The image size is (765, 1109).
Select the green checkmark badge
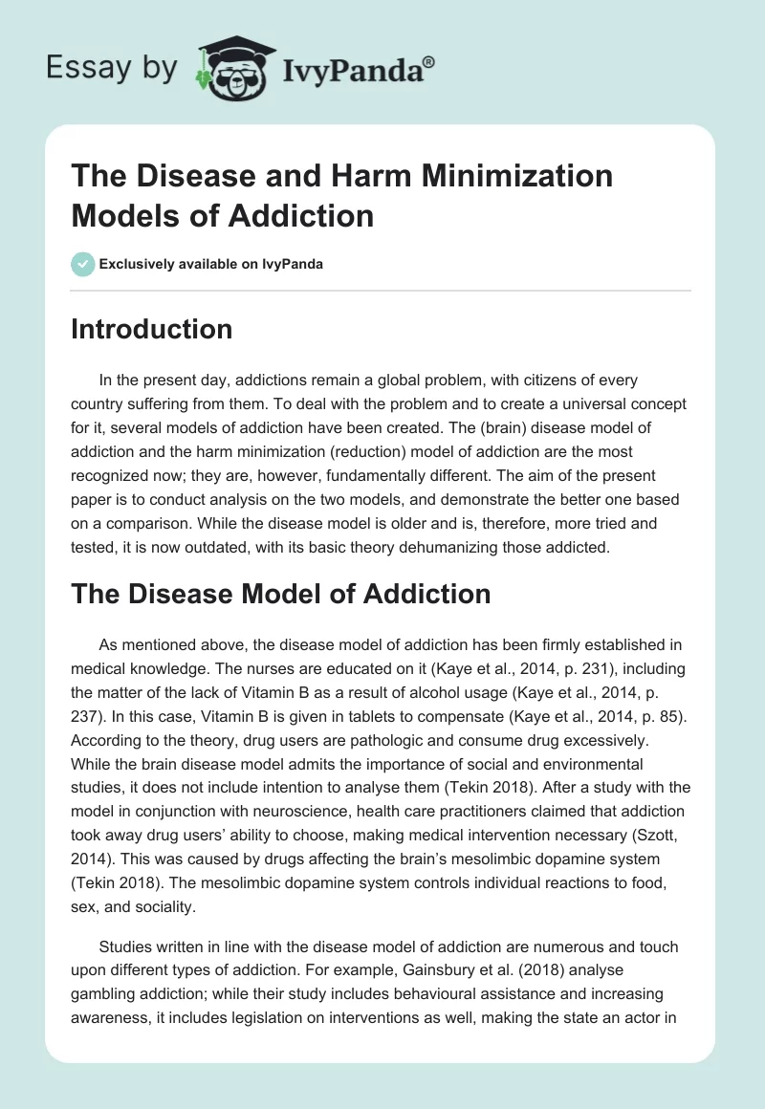point(83,264)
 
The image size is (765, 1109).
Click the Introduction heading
point(152,329)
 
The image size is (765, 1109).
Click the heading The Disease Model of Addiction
point(281,594)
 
